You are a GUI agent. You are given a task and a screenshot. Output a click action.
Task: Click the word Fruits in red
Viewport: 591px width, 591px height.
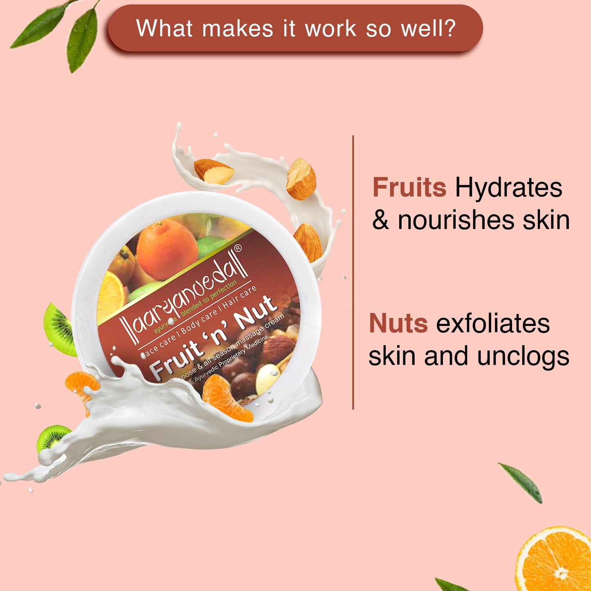click(409, 188)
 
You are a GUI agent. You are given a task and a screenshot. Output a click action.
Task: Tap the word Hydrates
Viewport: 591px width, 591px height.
click(508, 188)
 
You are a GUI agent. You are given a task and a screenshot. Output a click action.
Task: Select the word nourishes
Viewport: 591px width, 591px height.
click(456, 220)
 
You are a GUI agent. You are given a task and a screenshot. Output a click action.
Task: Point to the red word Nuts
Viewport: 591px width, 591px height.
click(398, 324)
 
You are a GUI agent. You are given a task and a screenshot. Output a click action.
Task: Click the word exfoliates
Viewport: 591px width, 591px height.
click(493, 324)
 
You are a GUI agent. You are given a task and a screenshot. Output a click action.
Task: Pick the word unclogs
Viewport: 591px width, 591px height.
click(523, 356)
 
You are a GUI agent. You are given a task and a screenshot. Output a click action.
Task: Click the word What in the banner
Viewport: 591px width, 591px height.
click(164, 29)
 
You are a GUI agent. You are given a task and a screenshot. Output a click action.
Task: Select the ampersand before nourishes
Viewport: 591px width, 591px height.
click(380, 220)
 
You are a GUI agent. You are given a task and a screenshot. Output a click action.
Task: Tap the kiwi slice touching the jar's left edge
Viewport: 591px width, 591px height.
click(59, 329)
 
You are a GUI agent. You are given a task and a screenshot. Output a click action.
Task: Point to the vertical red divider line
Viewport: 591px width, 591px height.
click(353, 272)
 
